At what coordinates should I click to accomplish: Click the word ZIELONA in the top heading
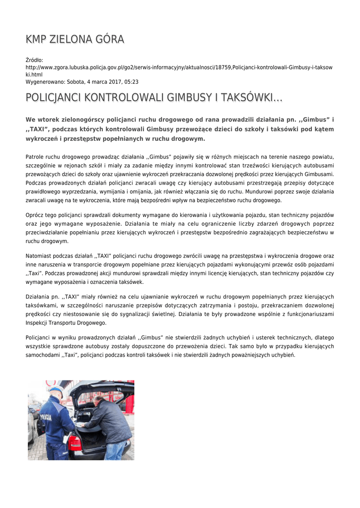74,39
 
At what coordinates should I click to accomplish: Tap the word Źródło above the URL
34,60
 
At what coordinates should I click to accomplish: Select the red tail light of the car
75,443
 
